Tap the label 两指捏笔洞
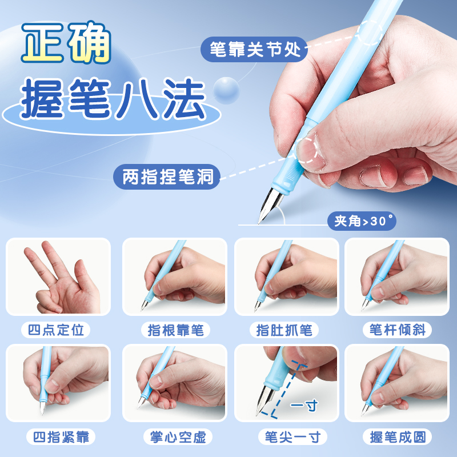coord(167,177)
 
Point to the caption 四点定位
coord(58,330)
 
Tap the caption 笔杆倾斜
coord(398,330)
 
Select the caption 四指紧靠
coord(58,437)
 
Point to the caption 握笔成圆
coord(398,437)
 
